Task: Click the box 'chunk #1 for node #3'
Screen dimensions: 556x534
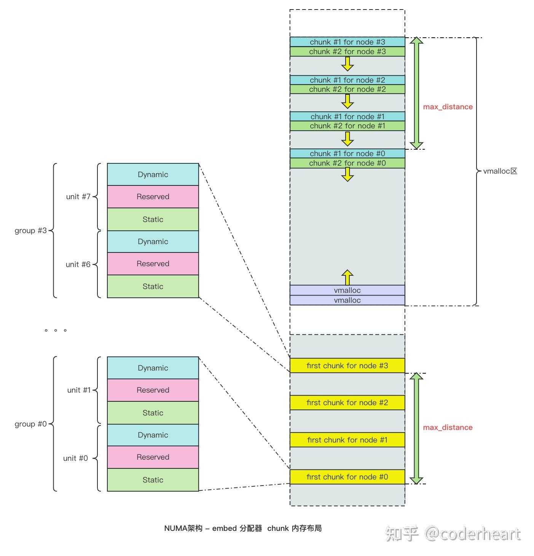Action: click(x=347, y=42)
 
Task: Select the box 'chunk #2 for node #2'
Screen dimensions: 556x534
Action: click(x=347, y=89)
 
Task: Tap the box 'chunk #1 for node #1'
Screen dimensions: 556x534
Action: click(x=347, y=117)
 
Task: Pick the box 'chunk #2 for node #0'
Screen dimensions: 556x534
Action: click(x=347, y=163)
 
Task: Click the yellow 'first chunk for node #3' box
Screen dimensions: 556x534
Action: click(x=347, y=366)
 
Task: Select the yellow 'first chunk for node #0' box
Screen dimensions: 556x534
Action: click(x=347, y=477)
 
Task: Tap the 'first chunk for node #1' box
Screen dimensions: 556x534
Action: click(x=347, y=440)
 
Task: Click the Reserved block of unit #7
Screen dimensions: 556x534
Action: click(x=153, y=197)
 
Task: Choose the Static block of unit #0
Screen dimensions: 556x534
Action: click(x=153, y=480)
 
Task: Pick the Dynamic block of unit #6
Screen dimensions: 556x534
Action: click(x=153, y=241)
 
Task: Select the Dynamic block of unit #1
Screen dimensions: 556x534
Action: click(x=153, y=368)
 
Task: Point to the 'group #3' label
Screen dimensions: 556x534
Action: click(x=30, y=230)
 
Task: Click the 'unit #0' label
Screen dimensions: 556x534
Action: click(x=75, y=458)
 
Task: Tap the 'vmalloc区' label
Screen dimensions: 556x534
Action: click(x=500, y=171)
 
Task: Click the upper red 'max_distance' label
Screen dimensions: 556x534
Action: click(x=448, y=107)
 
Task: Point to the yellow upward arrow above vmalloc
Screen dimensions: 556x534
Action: click(x=347, y=277)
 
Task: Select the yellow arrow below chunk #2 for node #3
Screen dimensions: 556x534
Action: click(x=347, y=64)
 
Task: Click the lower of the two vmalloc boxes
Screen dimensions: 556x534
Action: click(x=347, y=300)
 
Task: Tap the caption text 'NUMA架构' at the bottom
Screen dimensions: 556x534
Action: click(x=183, y=528)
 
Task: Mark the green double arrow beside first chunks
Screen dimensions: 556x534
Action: click(x=416, y=428)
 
